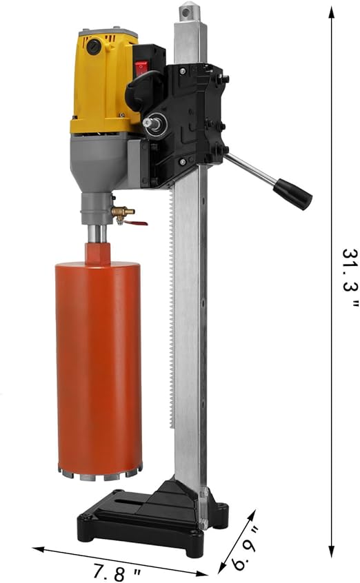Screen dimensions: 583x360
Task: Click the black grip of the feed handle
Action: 293,194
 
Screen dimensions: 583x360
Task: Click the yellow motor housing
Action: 103,83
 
